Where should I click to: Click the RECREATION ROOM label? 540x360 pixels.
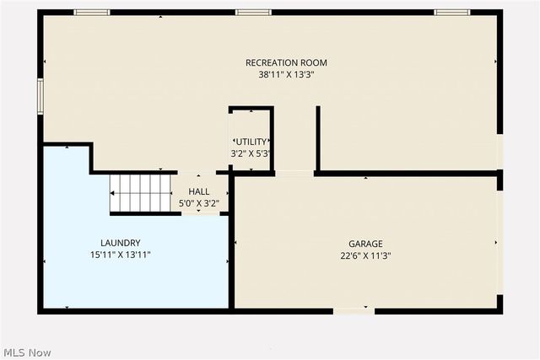(x=286, y=62)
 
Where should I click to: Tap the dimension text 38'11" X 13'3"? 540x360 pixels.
(x=286, y=74)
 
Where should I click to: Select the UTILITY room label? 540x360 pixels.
(x=251, y=142)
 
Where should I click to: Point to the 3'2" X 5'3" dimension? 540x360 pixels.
(x=251, y=153)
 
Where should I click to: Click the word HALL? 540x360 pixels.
(x=199, y=191)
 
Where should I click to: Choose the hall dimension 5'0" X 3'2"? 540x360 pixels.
(x=199, y=203)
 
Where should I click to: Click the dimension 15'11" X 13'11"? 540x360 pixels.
(x=120, y=255)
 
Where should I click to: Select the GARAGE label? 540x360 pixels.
(x=365, y=244)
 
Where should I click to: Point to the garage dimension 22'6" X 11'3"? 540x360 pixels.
(x=365, y=255)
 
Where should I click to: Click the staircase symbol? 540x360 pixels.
(x=141, y=193)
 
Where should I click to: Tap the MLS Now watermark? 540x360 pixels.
(x=27, y=352)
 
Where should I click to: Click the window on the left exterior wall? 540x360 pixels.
(x=39, y=96)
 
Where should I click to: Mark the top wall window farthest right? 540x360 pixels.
(x=451, y=12)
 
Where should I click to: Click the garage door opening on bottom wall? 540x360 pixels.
(x=354, y=311)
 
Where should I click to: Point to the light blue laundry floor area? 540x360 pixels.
(x=93, y=278)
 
